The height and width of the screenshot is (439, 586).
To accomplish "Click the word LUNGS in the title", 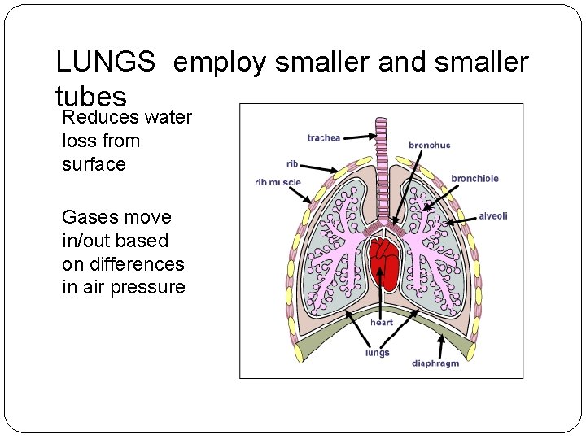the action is pyautogui.click(x=105, y=62).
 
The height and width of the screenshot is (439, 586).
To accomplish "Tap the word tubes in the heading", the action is pyautogui.click(x=91, y=96).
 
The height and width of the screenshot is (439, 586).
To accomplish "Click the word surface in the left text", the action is pyautogui.click(x=94, y=164).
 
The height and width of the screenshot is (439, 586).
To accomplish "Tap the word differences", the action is pyautogui.click(x=123, y=264).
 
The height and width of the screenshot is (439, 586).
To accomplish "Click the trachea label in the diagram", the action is pyautogui.click(x=323, y=137).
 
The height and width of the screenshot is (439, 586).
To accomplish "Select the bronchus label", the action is pyautogui.click(x=429, y=146).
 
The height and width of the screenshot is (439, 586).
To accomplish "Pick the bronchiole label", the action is pyautogui.click(x=474, y=179).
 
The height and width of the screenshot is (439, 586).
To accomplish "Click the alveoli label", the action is pyautogui.click(x=492, y=216).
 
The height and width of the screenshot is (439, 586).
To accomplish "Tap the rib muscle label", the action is pyautogui.click(x=278, y=182).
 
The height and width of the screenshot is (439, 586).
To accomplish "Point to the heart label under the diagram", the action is pyautogui.click(x=381, y=323).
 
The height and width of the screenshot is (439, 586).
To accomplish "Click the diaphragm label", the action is pyautogui.click(x=435, y=363).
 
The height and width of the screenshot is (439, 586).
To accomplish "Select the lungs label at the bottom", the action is pyautogui.click(x=377, y=353).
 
